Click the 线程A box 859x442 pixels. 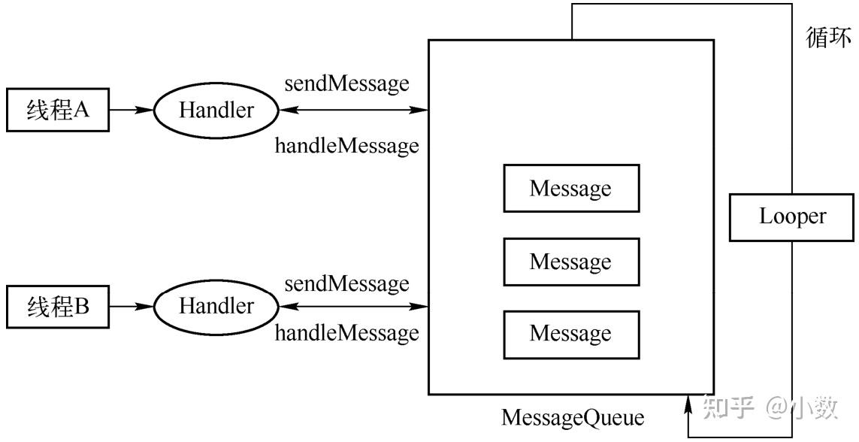(57, 110)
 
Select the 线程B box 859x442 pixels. (57, 307)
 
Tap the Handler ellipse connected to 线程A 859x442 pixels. (216, 110)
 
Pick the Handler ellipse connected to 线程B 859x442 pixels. (216, 307)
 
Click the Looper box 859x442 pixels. (791, 217)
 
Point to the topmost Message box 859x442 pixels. (570, 188)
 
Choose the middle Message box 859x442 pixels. (570, 262)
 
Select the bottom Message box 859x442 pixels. (570, 334)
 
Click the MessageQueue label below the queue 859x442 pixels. (572, 418)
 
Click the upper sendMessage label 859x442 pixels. (346, 83)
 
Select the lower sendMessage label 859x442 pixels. (346, 283)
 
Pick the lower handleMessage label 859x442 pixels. (346, 332)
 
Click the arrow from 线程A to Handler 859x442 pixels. (131, 110)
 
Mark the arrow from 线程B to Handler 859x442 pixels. (131, 307)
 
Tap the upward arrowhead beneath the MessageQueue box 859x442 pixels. (689, 406)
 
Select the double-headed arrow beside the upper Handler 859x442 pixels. (353, 110)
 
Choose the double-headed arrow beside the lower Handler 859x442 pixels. (353, 307)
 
